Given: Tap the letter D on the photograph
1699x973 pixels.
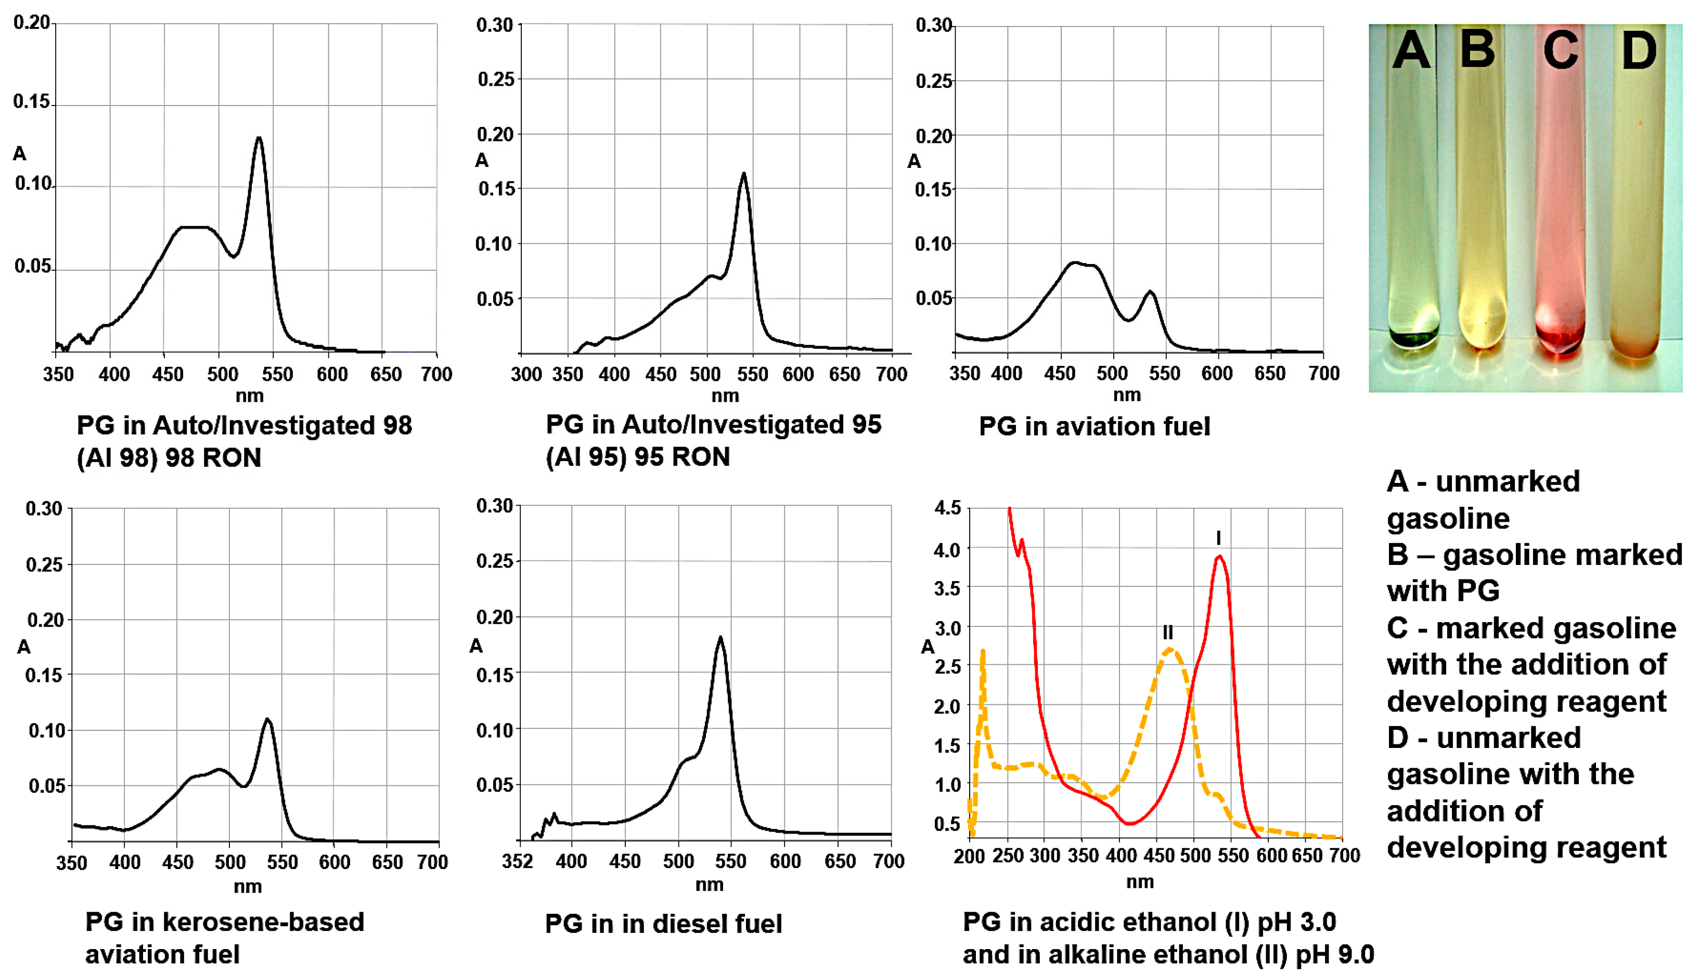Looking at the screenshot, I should pyautogui.click(x=1639, y=51).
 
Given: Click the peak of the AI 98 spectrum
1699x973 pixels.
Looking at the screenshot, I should pyautogui.click(x=259, y=138).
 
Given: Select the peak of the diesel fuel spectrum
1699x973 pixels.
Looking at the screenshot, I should pyautogui.click(x=720, y=638).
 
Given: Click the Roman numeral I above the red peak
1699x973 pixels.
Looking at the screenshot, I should pyautogui.click(x=1218, y=538).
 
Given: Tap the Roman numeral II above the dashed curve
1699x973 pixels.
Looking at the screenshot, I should pyautogui.click(x=1167, y=632).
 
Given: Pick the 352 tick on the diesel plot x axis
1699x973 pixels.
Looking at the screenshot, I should pyautogui.click(x=518, y=861).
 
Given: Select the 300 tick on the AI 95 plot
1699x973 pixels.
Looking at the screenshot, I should pyautogui.click(x=526, y=374).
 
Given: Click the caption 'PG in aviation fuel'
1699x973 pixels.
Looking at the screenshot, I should pyautogui.click(x=1094, y=426).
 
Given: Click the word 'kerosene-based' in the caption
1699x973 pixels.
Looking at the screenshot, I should pyautogui.click(x=263, y=922).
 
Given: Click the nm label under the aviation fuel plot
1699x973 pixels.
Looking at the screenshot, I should pyautogui.click(x=1127, y=395).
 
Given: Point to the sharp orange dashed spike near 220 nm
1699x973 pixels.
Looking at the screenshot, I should pyautogui.click(x=982, y=652).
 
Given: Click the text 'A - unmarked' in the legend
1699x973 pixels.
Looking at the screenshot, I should pyautogui.click(x=1483, y=482).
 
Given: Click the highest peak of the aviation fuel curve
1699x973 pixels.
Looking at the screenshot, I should pyautogui.click(x=1075, y=262).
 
